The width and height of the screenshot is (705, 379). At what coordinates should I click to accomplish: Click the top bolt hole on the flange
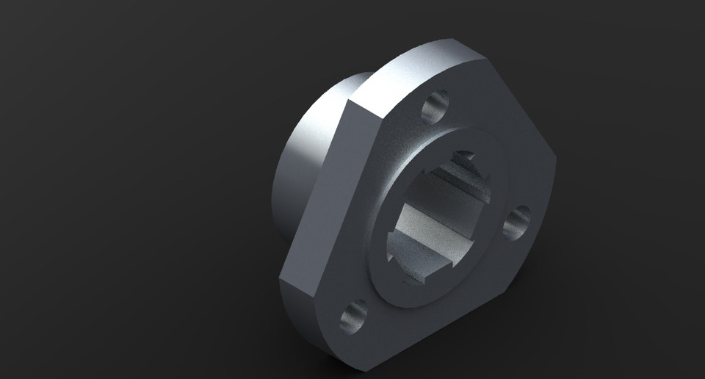point(435,107)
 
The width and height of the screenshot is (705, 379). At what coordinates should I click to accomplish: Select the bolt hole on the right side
point(518,222)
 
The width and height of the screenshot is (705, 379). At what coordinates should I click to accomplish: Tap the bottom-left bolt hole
point(354,316)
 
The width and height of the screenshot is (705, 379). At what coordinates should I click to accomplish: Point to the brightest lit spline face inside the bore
point(433,221)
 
